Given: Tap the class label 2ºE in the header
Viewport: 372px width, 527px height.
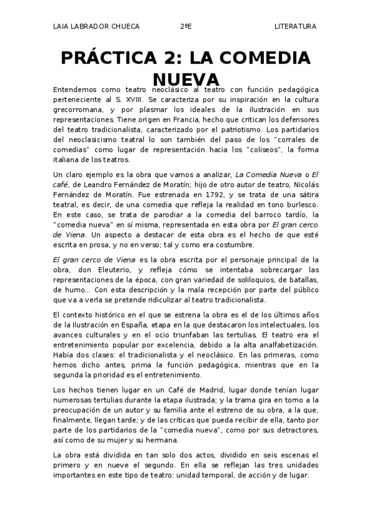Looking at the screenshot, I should [x=186, y=26].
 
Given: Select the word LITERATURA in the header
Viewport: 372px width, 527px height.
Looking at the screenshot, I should [x=295, y=26].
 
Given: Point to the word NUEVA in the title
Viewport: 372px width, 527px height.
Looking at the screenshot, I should [x=186, y=80].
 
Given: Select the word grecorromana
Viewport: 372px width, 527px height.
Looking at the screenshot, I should [x=76, y=110].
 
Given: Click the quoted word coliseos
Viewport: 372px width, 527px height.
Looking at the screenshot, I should [x=270, y=150].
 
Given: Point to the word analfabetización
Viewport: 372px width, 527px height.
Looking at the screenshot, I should [x=280, y=345].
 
